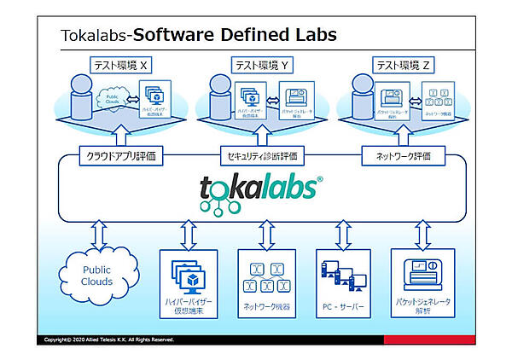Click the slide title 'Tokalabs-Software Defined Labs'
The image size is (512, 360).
coord(198,36)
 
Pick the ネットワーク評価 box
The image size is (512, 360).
coord(398,156)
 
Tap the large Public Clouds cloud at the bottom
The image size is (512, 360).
coord(97,276)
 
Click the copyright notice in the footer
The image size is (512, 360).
coord(112,340)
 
